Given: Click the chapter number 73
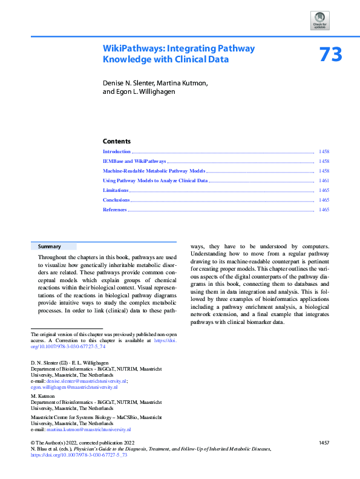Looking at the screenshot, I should pos(330,55).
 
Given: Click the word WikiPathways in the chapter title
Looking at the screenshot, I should pos(131,48).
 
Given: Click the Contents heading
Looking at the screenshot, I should pos(117,140).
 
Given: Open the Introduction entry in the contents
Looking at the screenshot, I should pos(117,151).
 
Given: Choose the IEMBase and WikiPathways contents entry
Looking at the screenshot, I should pos(134,162).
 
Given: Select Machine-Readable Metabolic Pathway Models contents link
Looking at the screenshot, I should pos(154,171).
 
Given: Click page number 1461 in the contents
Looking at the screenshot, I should pos(324,181).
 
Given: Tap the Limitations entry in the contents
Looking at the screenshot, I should pos(116,190).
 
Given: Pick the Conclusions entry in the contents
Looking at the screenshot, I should pos(116,200).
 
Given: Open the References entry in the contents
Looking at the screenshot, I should pos(115,210).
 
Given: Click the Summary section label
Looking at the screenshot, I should pos(50,246).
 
